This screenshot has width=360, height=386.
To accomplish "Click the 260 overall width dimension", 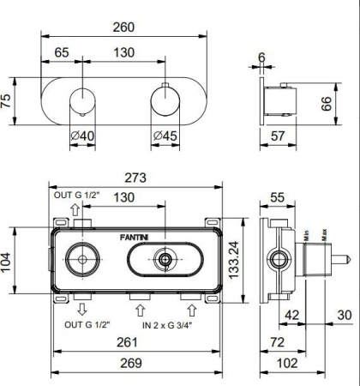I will [125, 27].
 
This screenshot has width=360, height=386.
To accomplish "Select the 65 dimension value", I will [62, 53].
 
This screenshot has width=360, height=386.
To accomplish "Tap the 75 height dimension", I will [7, 102].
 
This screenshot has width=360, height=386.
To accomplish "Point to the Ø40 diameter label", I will [81, 136].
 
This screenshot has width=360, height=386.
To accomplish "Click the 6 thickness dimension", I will [261, 58].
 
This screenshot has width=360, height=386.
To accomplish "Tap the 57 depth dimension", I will [276, 136].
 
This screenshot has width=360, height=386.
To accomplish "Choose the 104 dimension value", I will [8, 261].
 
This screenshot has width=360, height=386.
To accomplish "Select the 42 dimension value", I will [291, 315].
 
